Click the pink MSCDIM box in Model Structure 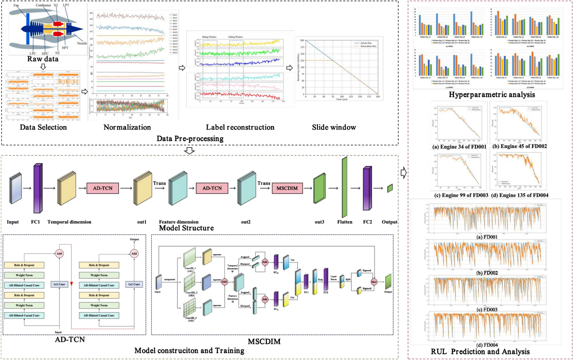[x=287, y=188]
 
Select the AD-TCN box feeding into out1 [x=103, y=188]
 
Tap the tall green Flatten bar [x=344, y=187]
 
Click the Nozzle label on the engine [x=82, y=43]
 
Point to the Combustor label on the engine [x=43, y=5]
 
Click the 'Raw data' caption [x=43, y=59]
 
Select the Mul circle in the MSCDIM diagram [x=374, y=282]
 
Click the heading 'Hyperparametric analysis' [x=492, y=95]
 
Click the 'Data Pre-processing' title [x=190, y=139]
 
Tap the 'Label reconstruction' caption [x=240, y=127]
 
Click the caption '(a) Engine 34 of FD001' [x=459, y=147]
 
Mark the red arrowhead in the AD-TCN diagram [x=71, y=284]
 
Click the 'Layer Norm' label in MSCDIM [x=333, y=278]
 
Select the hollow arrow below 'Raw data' [x=43, y=67]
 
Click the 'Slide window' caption [x=334, y=127]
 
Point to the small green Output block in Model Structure [x=390, y=188]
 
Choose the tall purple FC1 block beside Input [x=38, y=188]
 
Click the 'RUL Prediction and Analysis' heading [x=480, y=352]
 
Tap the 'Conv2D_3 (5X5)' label [x=191, y=319]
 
